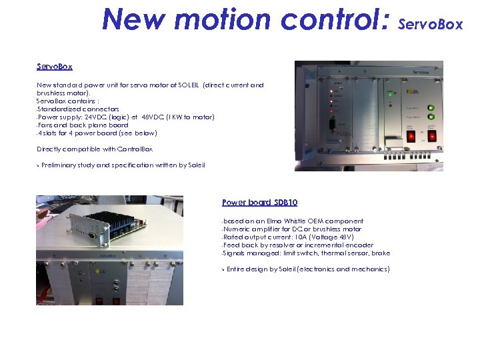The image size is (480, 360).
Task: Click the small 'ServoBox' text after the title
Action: point(430,25)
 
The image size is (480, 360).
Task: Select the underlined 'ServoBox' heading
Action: point(55,67)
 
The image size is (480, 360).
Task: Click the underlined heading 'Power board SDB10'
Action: point(259,203)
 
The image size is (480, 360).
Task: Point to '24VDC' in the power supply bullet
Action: point(93,117)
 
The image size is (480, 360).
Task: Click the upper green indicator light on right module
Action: point(431,107)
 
